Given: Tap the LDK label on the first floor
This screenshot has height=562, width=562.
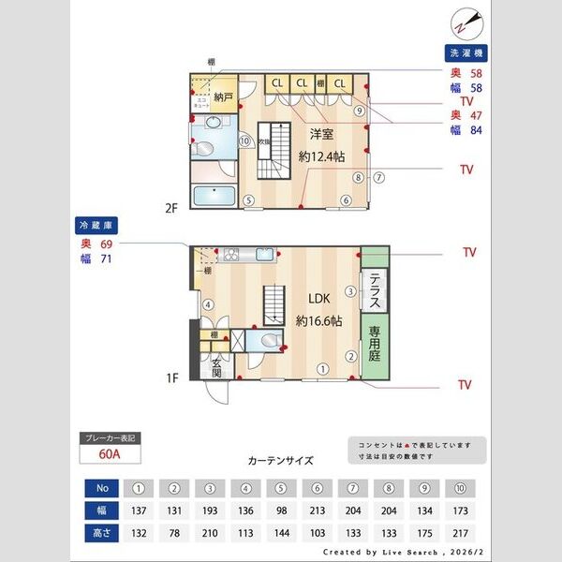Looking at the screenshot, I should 319,300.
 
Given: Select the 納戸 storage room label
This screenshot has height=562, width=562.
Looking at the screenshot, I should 223,96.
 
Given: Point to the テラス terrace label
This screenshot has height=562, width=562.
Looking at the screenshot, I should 374,291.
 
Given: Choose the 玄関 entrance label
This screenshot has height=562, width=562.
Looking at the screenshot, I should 217,368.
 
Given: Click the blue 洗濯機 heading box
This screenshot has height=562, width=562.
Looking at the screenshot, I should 466,54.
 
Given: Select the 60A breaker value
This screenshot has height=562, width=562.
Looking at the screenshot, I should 109,454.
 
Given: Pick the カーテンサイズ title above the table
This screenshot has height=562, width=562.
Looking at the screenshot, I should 280,461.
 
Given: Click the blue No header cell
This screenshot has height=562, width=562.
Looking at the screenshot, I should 102,488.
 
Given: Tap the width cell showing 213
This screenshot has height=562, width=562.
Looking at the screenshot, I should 318,510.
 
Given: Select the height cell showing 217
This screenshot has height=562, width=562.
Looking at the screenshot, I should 460,532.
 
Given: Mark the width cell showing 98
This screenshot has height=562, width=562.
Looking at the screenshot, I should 282,510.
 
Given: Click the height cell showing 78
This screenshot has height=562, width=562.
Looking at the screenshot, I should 174,532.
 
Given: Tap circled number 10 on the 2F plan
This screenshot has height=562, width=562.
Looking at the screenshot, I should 244,141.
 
